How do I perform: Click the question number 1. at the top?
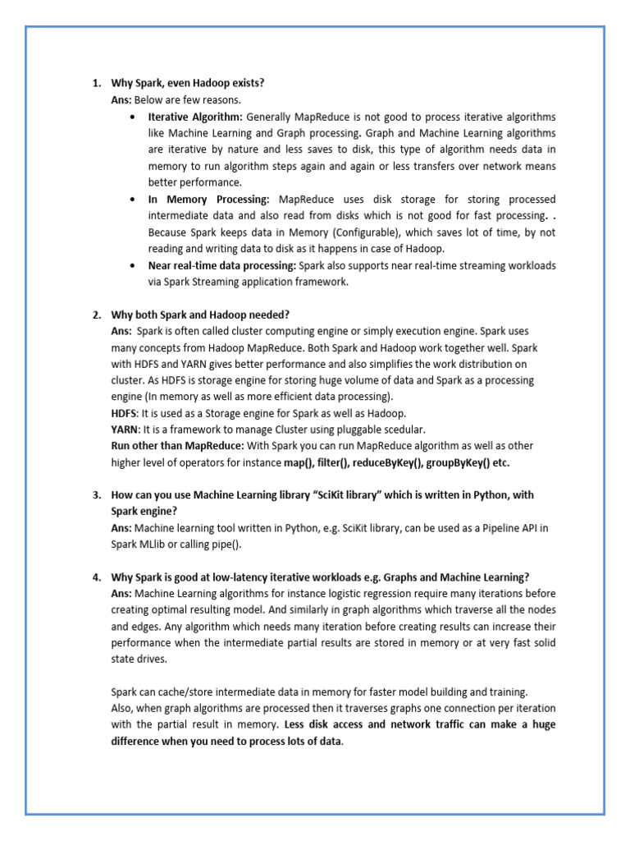click(x=95, y=83)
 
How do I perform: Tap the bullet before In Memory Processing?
click(x=133, y=200)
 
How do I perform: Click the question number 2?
click(x=95, y=315)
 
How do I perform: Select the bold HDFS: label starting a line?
click(x=125, y=413)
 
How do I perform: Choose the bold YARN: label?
click(x=126, y=430)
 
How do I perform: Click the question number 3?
click(x=95, y=495)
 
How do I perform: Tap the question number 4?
click(x=95, y=577)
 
